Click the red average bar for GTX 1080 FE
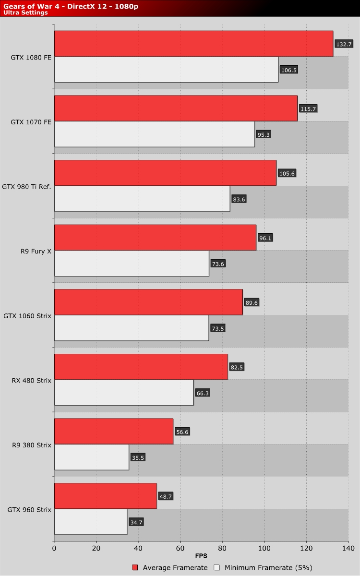[193, 44]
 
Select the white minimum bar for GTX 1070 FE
[154, 134]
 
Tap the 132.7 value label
[344, 44]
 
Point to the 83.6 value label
[238, 199]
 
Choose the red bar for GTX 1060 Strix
[148, 302]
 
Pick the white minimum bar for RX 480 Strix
[124, 393]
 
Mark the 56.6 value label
[182, 432]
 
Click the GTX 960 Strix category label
[29, 509]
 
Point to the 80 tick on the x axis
[222, 547]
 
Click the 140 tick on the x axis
[348, 547]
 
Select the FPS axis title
[201, 556]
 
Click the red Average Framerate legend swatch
[134, 567]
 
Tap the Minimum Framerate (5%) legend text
[265, 567]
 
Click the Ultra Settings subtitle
[25, 13]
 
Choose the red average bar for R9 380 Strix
[114, 431]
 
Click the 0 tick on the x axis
[54, 547]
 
